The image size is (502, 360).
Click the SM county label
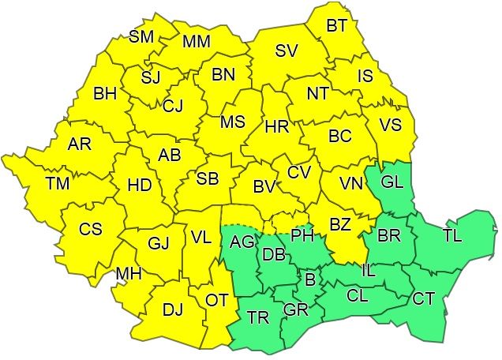[141, 36]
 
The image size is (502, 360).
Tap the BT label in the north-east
[337, 26]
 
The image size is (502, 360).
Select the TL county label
[453, 236]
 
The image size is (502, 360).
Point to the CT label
[424, 298]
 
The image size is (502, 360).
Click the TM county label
[58, 184]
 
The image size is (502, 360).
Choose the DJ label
[172, 309]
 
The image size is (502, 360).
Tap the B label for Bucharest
[310, 279]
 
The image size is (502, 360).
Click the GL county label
[391, 182]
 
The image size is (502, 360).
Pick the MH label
[128, 273]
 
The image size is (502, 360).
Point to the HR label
[276, 126]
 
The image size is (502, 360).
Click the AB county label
[170, 155]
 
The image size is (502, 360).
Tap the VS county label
[390, 126]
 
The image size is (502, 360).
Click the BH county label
[105, 94]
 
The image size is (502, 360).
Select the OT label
[216, 300]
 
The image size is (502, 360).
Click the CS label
[91, 229]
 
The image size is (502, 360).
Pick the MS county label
[232, 122]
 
